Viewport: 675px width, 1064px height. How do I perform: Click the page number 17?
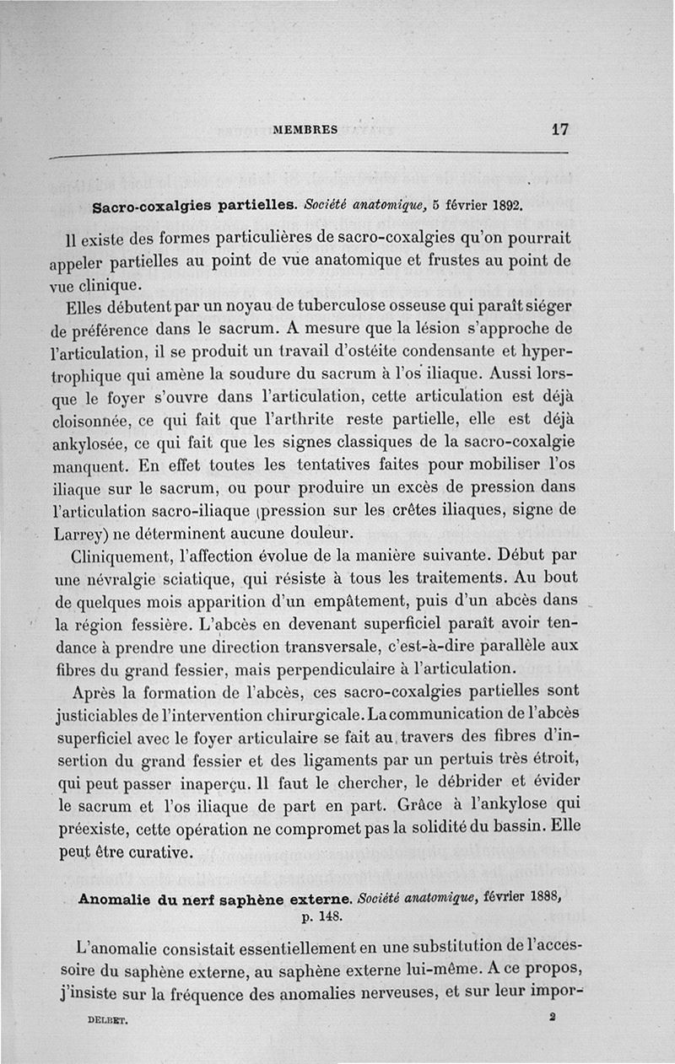point(559,130)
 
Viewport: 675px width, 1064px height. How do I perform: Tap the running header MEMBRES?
point(305,130)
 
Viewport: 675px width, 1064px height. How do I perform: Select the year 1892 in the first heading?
point(503,205)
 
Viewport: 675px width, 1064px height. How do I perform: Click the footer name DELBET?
point(106,1019)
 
